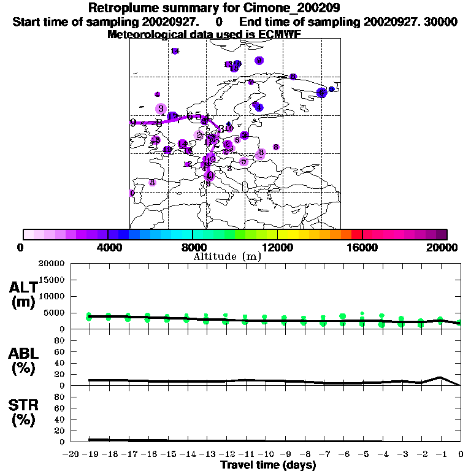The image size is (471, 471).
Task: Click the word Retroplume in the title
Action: (119, 9)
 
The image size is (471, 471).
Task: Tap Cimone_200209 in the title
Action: (288, 9)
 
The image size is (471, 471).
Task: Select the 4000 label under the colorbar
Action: (107, 247)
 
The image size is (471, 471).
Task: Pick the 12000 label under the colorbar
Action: (277, 247)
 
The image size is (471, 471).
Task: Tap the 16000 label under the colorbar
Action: (362, 247)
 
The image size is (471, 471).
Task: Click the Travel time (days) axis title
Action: (268, 465)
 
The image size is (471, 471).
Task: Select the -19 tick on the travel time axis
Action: (90, 454)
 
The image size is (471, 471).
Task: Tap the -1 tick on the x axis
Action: (439, 454)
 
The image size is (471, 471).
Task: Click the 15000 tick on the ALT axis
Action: (53, 280)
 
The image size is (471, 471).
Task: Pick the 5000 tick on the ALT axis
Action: (55, 313)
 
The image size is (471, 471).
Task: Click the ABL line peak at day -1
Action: (440, 378)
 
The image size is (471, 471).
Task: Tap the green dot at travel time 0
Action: (459, 322)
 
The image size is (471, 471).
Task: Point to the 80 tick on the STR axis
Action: (61, 397)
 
